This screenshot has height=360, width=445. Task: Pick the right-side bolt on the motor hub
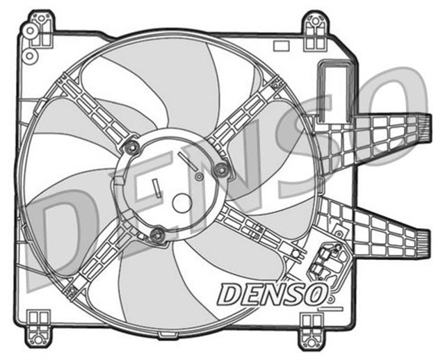(221, 170)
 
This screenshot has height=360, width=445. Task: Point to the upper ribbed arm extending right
(389, 136)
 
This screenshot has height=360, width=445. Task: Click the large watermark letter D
(66, 236)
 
